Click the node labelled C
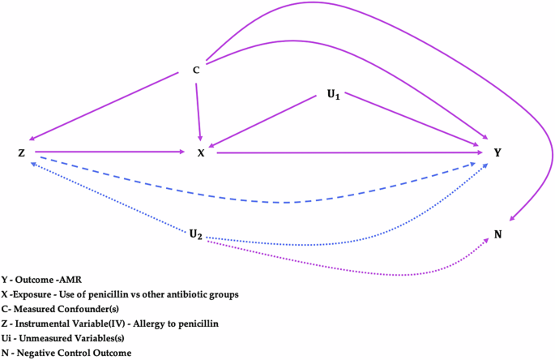coord(196,71)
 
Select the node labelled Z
coord(21,152)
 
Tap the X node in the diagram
coord(201,152)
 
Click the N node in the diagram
coord(497,234)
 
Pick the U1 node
coord(333,95)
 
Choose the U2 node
coord(195,235)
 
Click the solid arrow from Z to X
coord(109,151)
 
